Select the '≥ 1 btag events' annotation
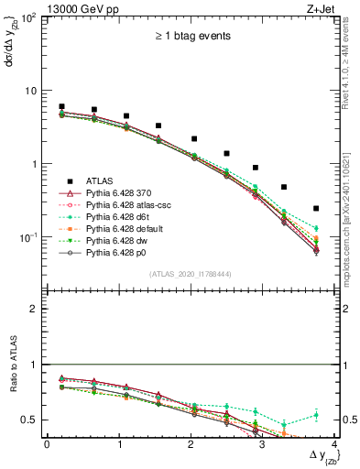(x=191, y=37)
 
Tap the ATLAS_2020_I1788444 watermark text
(x=191, y=274)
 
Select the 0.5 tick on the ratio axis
(x=29, y=420)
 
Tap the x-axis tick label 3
(x=262, y=445)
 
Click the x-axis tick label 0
(x=47, y=445)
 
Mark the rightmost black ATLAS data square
(x=316, y=209)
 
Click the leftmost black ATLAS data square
(x=61, y=107)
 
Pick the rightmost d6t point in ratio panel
(x=316, y=415)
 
